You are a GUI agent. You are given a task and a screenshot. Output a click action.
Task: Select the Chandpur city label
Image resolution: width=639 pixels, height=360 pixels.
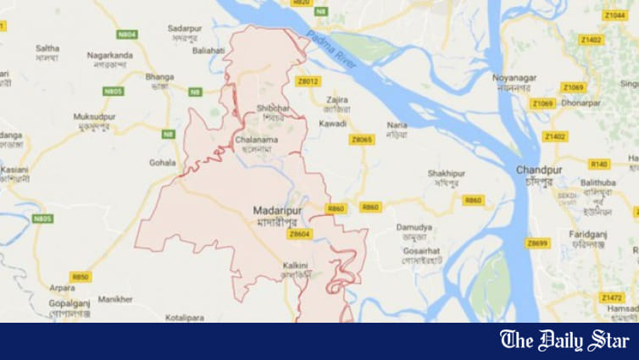(x=539, y=170)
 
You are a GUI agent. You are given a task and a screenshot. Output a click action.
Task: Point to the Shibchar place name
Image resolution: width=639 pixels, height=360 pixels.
(x=272, y=108)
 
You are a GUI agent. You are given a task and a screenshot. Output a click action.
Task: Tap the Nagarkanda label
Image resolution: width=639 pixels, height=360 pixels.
(x=109, y=55)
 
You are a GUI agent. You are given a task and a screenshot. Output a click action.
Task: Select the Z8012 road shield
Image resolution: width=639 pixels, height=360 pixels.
(x=308, y=81)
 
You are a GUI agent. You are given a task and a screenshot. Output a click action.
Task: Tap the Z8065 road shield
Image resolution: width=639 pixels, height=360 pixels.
(x=362, y=140)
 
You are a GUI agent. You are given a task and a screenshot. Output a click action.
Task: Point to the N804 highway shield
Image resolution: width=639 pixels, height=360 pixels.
(x=126, y=35)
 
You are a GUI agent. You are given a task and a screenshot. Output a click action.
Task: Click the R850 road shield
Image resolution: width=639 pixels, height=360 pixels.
(x=81, y=276)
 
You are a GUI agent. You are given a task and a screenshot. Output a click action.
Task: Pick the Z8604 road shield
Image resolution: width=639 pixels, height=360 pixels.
(x=300, y=234)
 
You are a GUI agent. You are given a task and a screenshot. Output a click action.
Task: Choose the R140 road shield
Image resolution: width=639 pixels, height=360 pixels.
(x=598, y=164)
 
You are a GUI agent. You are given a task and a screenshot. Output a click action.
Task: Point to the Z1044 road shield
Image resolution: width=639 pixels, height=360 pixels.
(x=615, y=15)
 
